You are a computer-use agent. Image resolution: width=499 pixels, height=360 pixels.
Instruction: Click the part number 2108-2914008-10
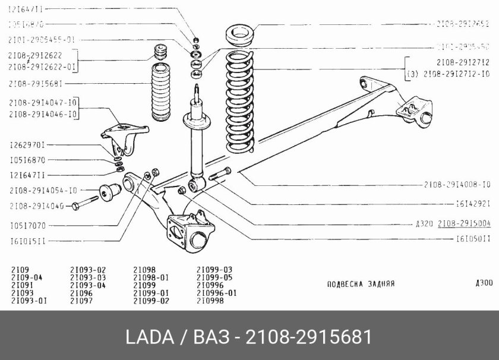(457, 184)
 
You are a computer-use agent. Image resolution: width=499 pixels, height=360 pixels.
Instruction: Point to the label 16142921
(473, 204)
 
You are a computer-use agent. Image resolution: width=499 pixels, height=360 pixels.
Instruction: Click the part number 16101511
(28, 241)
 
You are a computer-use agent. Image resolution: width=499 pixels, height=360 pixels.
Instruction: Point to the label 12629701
(28, 145)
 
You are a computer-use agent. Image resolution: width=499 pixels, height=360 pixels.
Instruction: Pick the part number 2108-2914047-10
(43, 103)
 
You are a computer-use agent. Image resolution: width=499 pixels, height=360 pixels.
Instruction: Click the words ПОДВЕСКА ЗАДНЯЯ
(361, 284)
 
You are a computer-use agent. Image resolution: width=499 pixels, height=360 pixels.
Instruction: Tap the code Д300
(484, 283)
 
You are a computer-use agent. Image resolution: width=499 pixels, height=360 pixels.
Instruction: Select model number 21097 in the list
(81, 301)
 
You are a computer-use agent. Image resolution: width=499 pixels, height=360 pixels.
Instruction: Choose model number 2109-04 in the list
(26, 277)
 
